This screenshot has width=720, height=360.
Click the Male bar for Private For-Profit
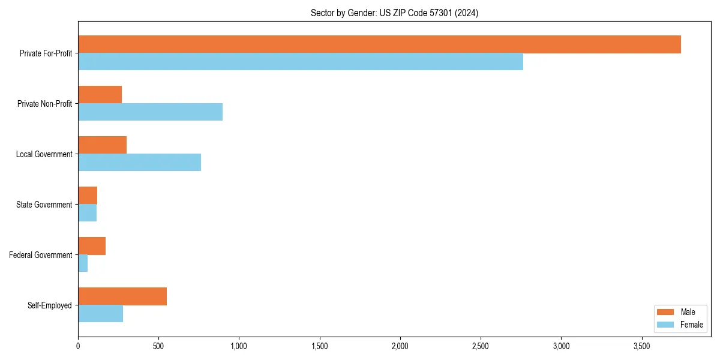coord(379,44)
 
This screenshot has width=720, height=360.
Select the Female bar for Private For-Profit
coord(300,62)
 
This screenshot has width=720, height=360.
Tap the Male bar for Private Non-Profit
coord(100,95)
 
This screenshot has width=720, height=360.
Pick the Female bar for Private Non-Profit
coord(150,112)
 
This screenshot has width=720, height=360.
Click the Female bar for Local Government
coord(139,163)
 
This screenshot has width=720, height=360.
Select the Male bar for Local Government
coord(102,145)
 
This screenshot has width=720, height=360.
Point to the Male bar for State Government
coord(88,196)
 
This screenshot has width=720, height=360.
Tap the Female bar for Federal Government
coord(83,263)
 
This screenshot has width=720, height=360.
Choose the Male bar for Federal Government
coord(92,246)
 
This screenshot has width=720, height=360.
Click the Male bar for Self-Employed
coord(122,296)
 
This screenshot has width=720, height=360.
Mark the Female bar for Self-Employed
coord(100,314)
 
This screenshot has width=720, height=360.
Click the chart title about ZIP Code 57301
coord(394,13)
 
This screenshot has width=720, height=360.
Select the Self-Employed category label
coord(50,305)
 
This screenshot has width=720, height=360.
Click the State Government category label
coord(44,205)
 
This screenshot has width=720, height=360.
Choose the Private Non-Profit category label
coord(44,104)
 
